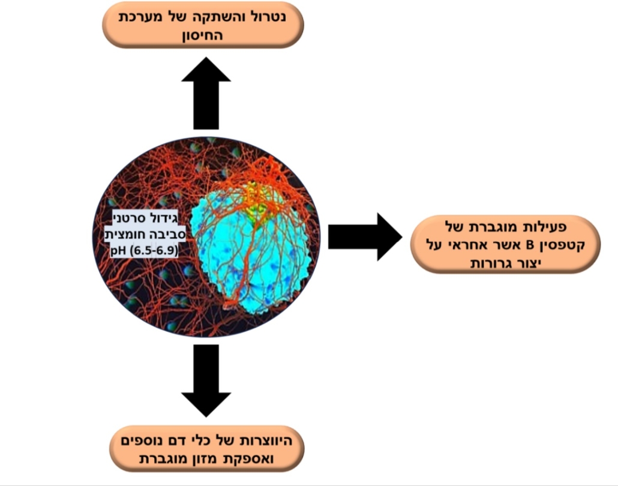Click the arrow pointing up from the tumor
(206, 93)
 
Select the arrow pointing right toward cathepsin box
(365, 237)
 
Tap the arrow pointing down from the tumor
(206, 380)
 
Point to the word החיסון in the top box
(203, 35)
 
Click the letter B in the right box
(530, 245)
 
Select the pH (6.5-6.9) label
(144, 250)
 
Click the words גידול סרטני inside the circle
(145, 218)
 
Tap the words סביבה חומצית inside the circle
(145, 234)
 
